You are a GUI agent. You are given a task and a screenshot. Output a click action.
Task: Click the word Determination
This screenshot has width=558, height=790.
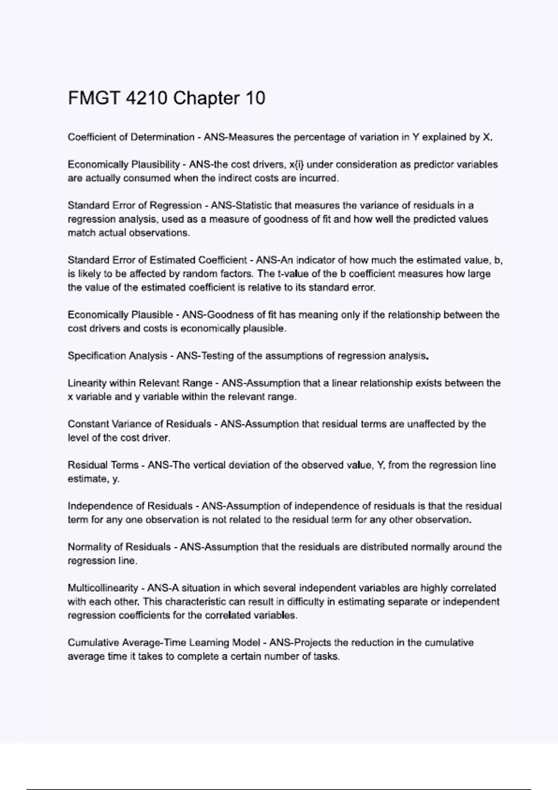tap(162, 137)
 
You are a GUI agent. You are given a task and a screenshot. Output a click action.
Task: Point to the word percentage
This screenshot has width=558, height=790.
tap(319, 137)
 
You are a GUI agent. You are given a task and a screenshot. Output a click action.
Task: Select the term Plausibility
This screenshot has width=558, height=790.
tap(156, 165)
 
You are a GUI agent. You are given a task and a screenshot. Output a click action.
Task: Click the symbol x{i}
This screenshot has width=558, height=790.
tap(296, 165)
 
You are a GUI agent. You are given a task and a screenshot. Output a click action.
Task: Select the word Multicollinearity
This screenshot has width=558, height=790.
tap(103, 588)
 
